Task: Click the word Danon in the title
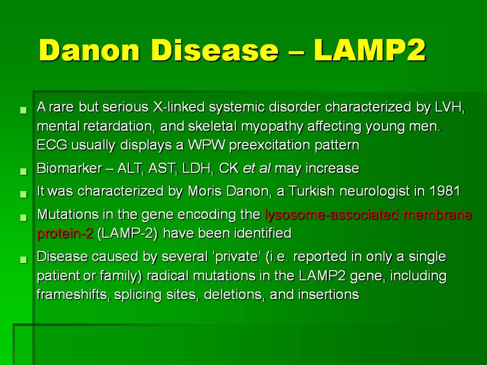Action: (89, 50)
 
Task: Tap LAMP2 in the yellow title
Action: (370, 50)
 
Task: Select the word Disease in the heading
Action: (215, 50)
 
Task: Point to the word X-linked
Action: (179, 107)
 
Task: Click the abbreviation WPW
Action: (206, 145)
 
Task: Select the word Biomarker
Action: (69, 168)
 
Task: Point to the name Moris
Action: (204, 191)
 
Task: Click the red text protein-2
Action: (65, 233)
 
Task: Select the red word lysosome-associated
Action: (331, 214)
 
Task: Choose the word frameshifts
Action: (73, 295)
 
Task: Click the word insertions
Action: (328, 295)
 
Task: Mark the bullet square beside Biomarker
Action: (23, 171)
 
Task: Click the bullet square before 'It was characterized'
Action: (23, 194)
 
